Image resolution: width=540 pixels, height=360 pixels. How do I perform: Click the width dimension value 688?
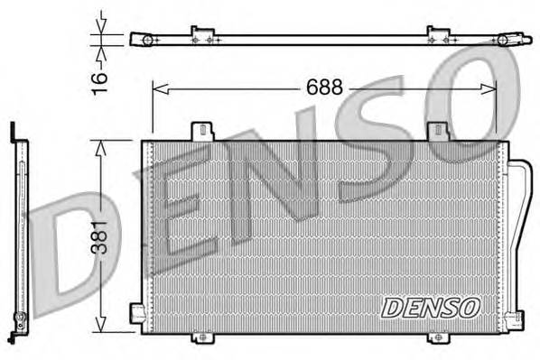tap(325, 88)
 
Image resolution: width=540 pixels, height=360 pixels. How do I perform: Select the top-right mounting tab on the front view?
tap(439, 133)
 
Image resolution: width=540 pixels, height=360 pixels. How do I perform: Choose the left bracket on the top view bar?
tap(200, 36)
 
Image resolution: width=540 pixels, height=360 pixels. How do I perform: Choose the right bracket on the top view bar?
tap(438, 36)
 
